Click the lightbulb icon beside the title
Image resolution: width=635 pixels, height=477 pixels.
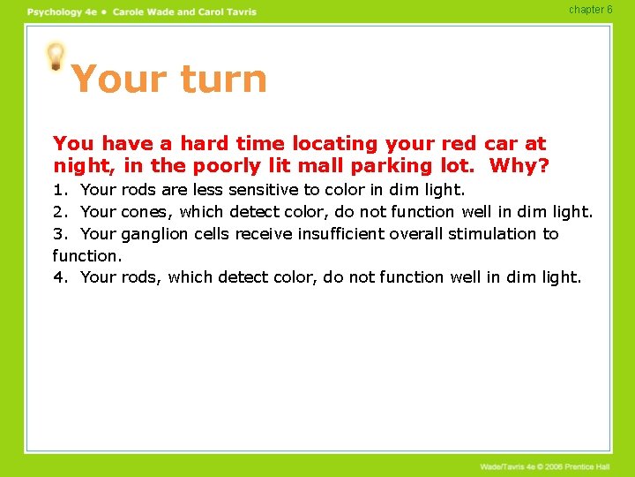[x=56, y=56]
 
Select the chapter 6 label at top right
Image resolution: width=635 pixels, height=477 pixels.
[x=591, y=10]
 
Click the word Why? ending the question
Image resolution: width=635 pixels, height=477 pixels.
[x=519, y=165]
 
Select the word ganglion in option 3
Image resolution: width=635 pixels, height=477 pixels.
[x=156, y=234]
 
